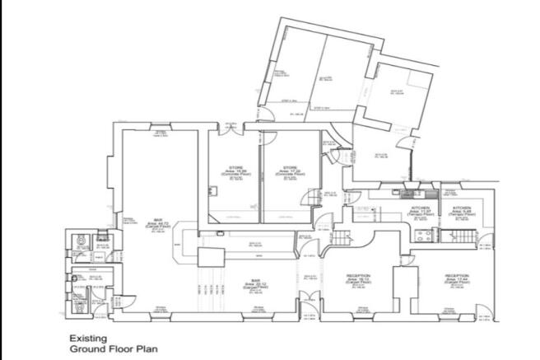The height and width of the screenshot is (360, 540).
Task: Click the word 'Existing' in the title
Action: [84, 338]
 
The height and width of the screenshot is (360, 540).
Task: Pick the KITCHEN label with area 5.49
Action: [461, 210]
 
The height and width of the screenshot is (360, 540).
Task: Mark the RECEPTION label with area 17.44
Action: [457, 279]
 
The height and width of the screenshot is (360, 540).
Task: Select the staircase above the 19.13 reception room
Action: [342, 238]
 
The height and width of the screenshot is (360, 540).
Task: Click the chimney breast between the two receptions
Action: [403, 284]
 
